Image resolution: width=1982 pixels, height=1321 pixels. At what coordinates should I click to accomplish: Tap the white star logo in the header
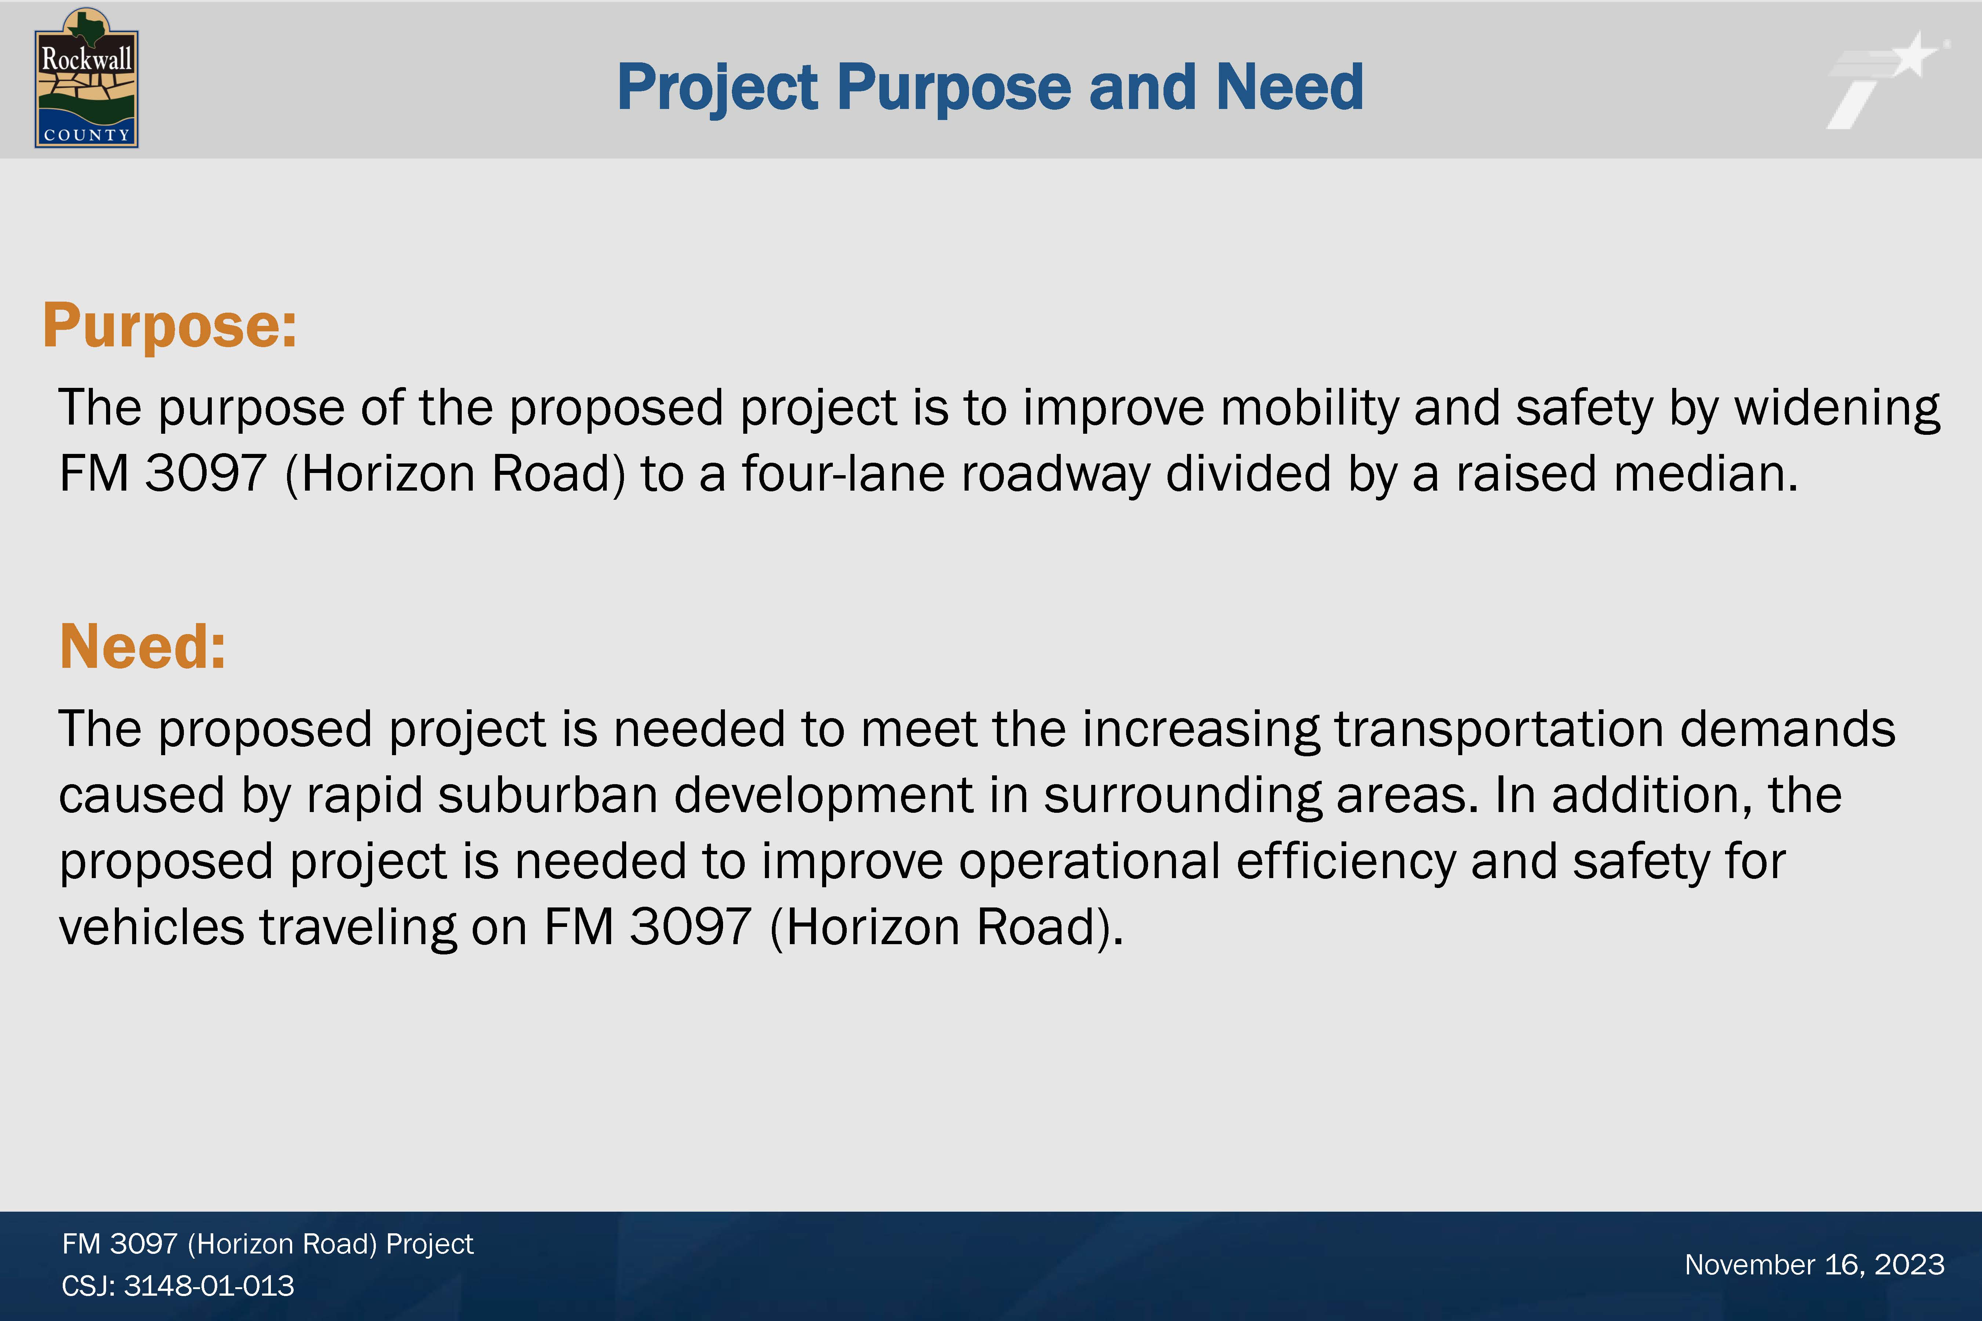click(1888, 80)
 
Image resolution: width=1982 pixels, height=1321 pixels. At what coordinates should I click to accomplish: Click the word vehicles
click(152, 928)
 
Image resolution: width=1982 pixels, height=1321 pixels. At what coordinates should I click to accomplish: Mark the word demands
click(1788, 729)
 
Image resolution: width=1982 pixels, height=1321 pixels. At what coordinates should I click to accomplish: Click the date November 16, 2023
click(1814, 1264)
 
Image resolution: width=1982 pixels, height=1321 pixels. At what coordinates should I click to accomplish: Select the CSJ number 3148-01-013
click(209, 1286)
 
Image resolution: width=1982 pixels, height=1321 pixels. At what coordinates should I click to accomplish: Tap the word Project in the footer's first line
click(430, 1244)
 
